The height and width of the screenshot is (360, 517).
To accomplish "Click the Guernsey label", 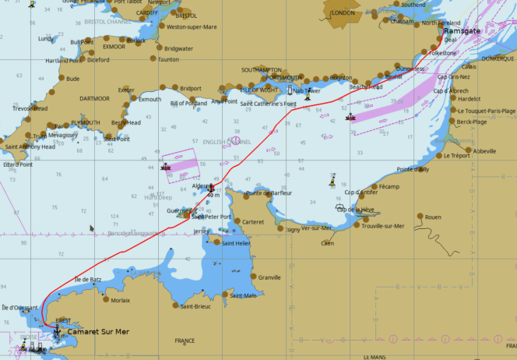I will click(178, 210).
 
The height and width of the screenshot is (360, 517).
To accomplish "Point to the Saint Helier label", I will click(236, 243).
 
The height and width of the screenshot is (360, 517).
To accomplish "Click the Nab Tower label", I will click(306, 91).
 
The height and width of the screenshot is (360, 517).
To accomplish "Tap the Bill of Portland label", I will click(188, 103).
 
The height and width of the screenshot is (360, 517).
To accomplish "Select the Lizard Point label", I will click(17, 164).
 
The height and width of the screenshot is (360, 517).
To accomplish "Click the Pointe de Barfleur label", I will click(269, 192).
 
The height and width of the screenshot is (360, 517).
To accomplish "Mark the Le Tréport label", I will click(457, 156).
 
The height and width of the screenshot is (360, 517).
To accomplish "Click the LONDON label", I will click(343, 13).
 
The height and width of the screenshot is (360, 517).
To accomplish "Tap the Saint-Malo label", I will click(243, 295).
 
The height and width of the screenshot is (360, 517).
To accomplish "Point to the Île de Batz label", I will click(87, 279).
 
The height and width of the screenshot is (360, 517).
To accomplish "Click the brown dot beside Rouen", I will click(420, 217).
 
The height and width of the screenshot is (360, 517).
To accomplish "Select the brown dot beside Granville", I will click(253, 277).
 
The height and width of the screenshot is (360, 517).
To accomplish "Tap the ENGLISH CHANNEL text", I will click(227, 142).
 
